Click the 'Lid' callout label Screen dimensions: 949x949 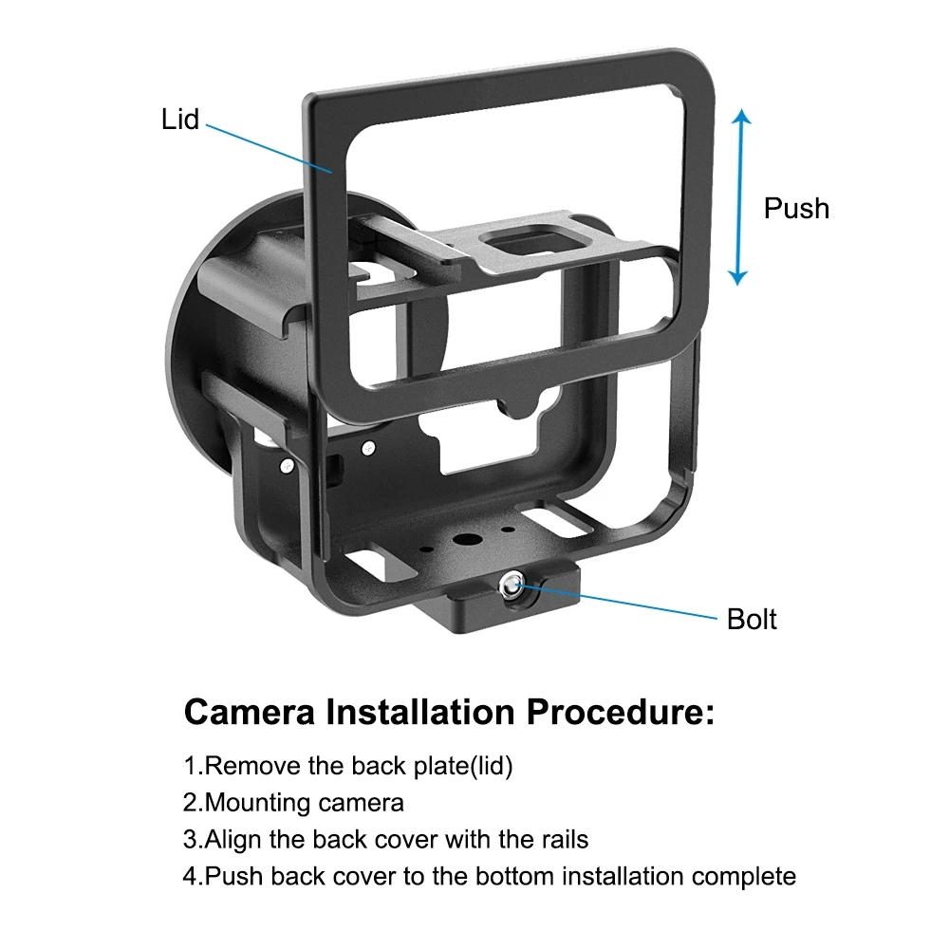pos(179,119)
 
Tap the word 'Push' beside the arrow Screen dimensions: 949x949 pos(796,208)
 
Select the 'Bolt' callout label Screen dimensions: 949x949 pos(752,620)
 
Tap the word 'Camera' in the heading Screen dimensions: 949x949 pos(250,712)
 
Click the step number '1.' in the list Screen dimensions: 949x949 pos(194,766)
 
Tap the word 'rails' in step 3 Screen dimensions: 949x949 pos(560,840)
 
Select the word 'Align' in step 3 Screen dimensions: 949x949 pos(233,840)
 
